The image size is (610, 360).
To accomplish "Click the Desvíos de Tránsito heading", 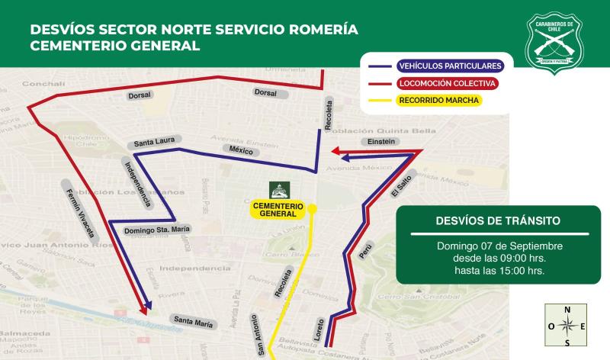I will coord(497,220).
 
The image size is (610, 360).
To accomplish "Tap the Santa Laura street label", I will coord(152,142).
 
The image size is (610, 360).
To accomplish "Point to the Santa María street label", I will coord(192,320).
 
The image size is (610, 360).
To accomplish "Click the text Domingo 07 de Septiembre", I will coord(499,246).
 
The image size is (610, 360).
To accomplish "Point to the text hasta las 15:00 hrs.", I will coord(499,271).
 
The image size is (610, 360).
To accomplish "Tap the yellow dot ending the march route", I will coord(313,208).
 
